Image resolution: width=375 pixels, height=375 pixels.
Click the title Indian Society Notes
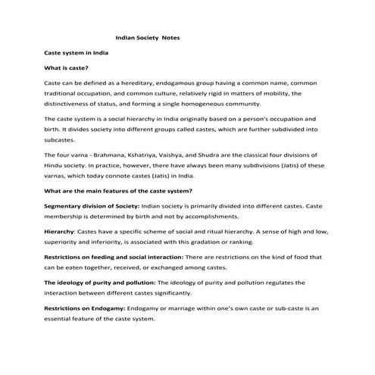(147, 37)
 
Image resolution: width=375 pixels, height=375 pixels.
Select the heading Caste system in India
(75, 54)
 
